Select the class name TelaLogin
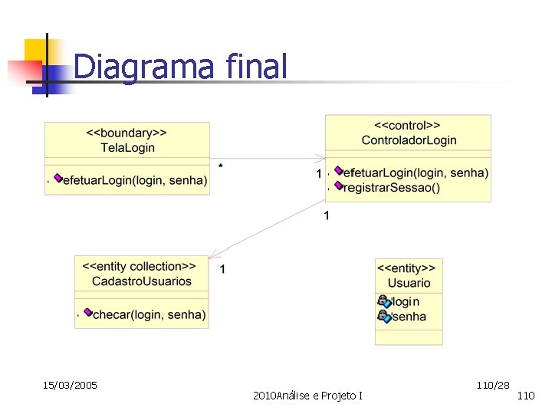click(x=127, y=147)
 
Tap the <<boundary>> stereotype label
click(x=127, y=133)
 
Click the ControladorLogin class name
click(x=409, y=140)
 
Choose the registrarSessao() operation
click(x=392, y=188)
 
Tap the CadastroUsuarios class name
click(x=142, y=281)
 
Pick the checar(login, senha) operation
click(x=149, y=314)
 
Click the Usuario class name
click(x=409, y=283)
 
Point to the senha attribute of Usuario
click(x=408, y=317)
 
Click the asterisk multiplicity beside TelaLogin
click(x=221, y=166)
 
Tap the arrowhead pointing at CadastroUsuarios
click(x=214, y=254)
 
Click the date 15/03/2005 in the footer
click(x=70, y=384)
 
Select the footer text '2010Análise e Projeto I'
click(x=307, y=395)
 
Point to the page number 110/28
click(x=492, y=383)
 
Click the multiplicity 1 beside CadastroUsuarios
click(x=222, y=268)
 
